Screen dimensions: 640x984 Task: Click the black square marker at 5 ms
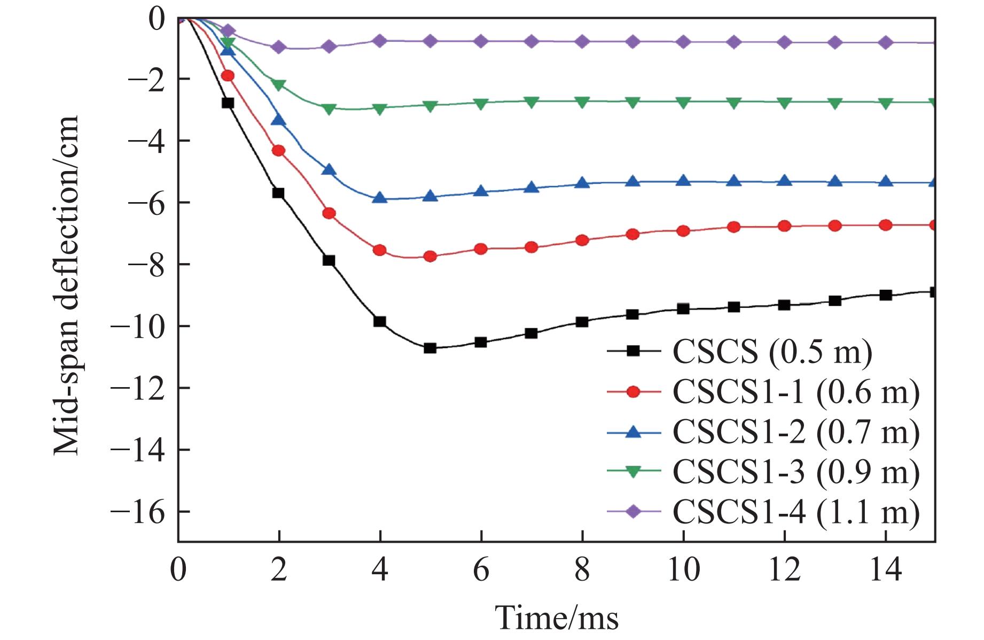click(x=430, y=348)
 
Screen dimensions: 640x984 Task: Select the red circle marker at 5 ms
click(x=430, y=257)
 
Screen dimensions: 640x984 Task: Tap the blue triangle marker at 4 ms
click(x=380, y=198)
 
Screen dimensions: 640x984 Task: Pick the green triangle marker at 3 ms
click(x=329, y=109)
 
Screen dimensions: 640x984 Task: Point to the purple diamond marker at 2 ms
click(x=278, y=47)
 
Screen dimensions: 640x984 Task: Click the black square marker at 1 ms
click(x=228, y=103)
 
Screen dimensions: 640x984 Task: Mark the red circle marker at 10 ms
click(x=683, y=231)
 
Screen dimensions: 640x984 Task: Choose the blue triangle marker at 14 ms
click(x=885, y=181)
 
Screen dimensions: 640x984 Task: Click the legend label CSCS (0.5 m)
click(x=772, y=352)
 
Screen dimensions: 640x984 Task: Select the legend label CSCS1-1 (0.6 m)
click(x=796, y=392)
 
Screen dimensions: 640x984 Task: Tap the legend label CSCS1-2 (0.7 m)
click(x=796, y=431)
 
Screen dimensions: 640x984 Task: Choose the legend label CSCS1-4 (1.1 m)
click(x=796, y=512)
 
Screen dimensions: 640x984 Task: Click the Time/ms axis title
click(x=557, y=618)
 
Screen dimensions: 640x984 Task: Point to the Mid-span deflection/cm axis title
click(x=67, y=287)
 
